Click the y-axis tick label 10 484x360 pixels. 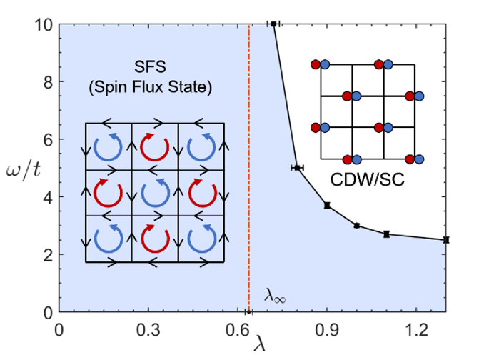[x=42, y=24]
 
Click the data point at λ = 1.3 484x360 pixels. [x=446, y=240]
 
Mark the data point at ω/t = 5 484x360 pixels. [x=297, y=167]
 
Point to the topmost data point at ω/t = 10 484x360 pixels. [x=273, y=24]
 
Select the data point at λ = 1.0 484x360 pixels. [x=357, y=226]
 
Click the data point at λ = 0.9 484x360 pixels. [x=327, y=205]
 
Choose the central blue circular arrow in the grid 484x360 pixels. [x=154, y=192]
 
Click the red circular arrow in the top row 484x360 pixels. [x=154, y=147]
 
